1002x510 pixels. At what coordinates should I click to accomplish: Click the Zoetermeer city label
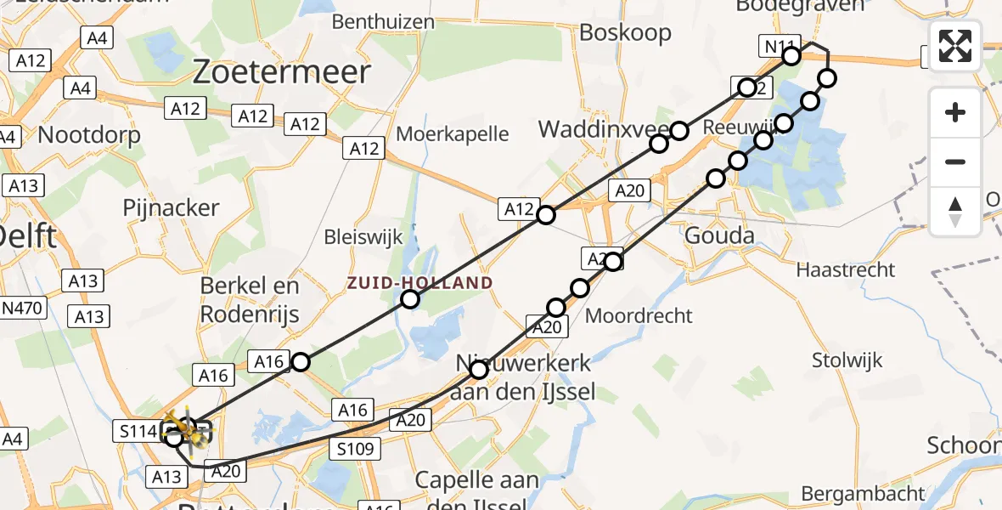point(282,72)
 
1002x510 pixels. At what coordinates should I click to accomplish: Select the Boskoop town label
point(625,33)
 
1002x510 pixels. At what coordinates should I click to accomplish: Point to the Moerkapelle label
point(453,133)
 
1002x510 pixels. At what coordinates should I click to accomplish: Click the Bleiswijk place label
point(362,235)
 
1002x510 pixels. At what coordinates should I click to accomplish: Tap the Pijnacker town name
point(171,208)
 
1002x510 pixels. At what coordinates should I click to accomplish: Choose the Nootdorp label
point(89,134)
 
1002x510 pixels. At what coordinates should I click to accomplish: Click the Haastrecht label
point(846,270)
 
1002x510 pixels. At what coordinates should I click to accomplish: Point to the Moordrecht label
point(640,315)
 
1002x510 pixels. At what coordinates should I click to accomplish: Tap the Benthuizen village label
point(383,21)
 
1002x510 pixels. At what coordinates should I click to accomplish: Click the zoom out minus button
point(955,161)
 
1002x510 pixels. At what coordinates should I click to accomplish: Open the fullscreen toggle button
point(955,45)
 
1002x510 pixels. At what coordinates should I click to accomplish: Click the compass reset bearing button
point(955,212)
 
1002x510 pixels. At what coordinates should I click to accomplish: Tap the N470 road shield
point(23,308)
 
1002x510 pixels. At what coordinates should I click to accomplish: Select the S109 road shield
point(356,450)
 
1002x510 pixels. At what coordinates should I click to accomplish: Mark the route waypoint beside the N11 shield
point(791,56)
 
